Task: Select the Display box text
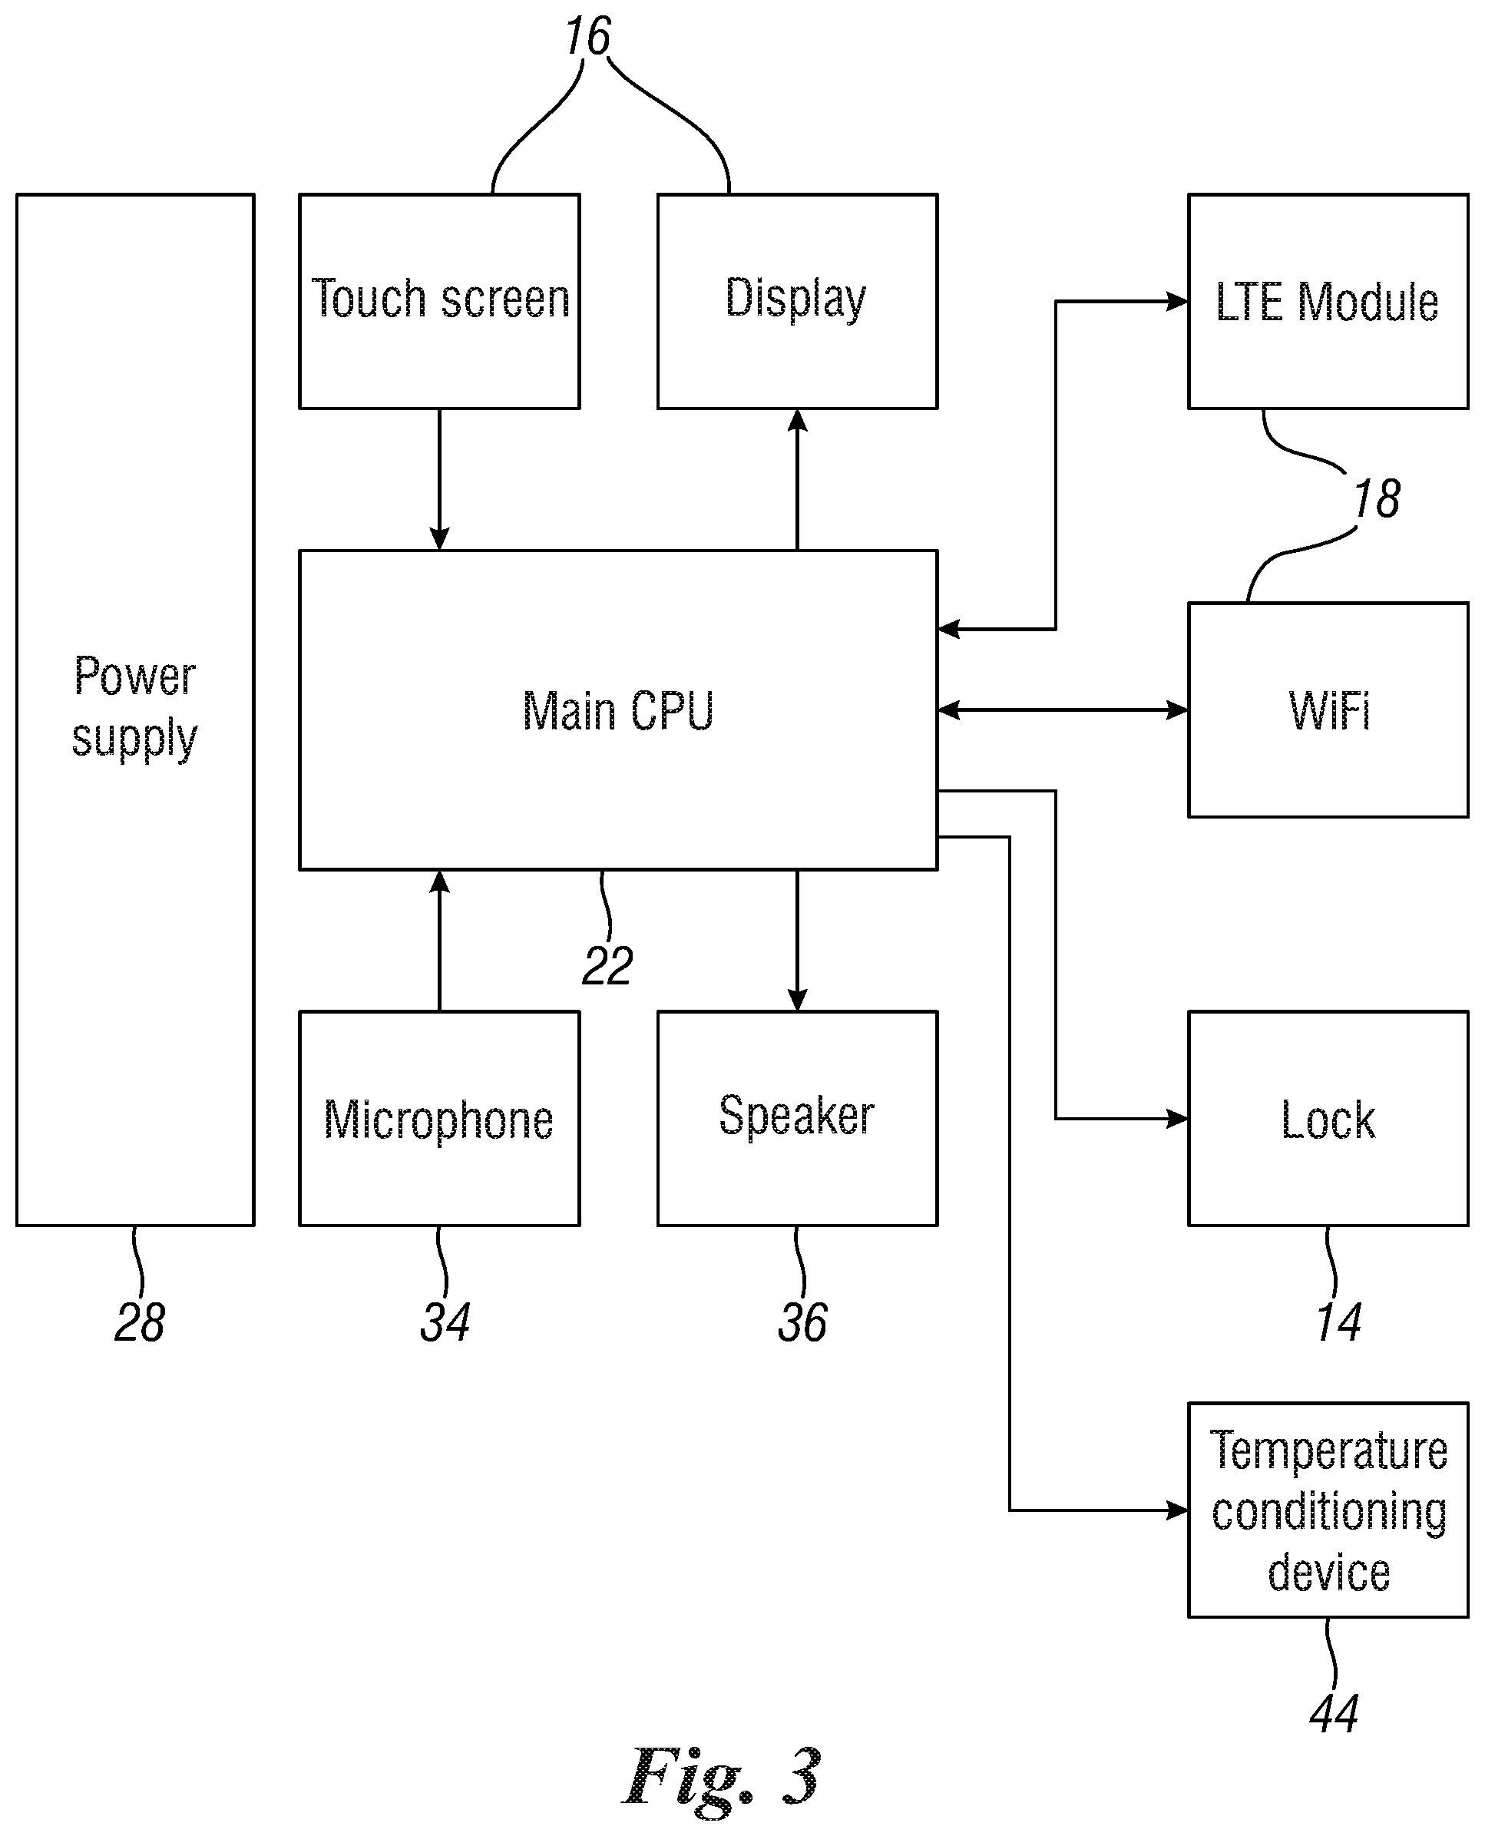pos(795,299)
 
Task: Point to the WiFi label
pos(1328,710)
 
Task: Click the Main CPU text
pos(617,711)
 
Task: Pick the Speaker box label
pos(796,1116)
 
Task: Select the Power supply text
pos(134,707)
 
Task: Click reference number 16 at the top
pos(587,37)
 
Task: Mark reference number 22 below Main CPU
pos(607,966)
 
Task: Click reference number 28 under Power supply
pos(140,1322)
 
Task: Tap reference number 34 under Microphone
pos(445,1322)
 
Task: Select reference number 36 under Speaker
pos(802,1322)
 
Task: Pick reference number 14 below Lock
pos(1338,1322)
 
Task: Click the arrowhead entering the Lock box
pos(1178,1118)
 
